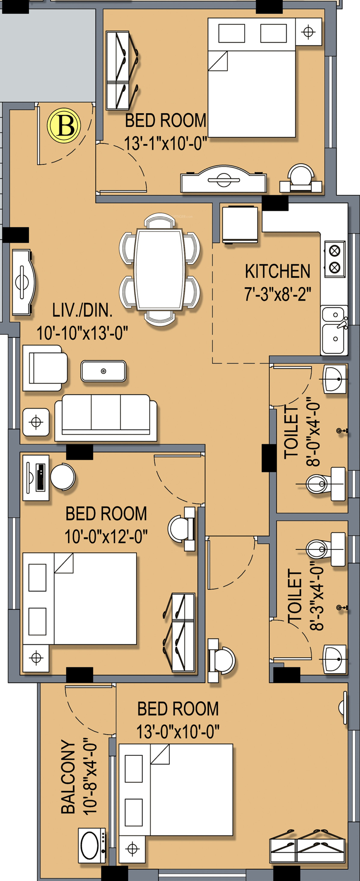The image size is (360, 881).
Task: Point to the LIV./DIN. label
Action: pyautogui.click(x=82, y=310)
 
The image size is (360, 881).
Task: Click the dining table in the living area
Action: pyautogui.click(x=159, y=269)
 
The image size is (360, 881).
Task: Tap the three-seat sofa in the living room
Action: pyautogui.click(x=106, y=418)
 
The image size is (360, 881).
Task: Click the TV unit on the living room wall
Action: pyautogui.click(x=24, y=282)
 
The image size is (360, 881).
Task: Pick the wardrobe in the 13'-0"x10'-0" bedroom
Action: pyautogui.click(x=307, y=846)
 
